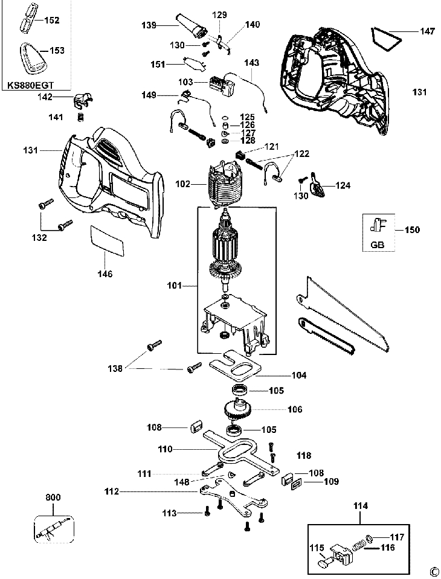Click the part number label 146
[105, 274]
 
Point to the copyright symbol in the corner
[433, 571]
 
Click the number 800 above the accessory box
[53, 498]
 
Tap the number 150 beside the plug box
[412, 230]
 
